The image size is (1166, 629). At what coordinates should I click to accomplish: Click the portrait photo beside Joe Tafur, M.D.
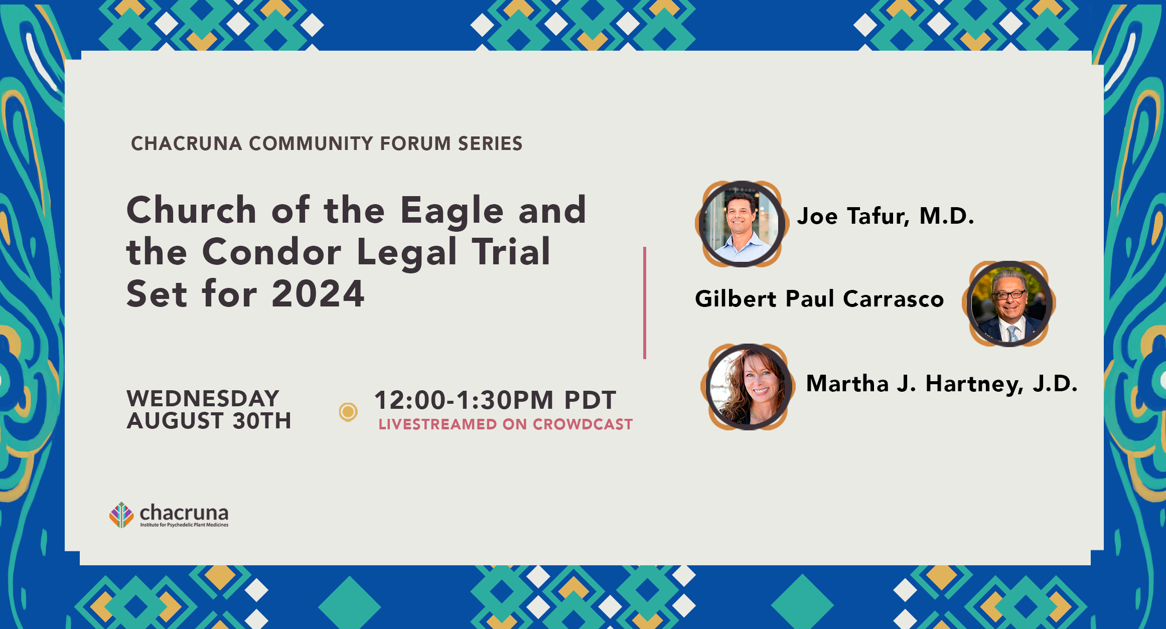[x=742, y=224]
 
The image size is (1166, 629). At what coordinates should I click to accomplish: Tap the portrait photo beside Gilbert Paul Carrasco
[x=1009, y=304]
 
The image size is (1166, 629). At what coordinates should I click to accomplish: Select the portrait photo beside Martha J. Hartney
[x=749, y=387]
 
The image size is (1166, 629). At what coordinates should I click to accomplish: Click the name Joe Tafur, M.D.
[x=886, y=216]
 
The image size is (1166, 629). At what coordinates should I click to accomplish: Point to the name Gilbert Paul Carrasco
[x=819, y=299]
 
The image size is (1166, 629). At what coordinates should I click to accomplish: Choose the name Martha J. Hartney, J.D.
[x=942, y=384]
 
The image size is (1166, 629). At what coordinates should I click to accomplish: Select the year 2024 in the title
[x=318, y=293]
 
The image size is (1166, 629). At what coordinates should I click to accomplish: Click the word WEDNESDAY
[x=203, y=398]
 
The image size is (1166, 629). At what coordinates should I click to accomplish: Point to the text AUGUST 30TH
[x=209, y=420]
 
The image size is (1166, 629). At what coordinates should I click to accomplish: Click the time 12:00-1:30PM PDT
[x=495, y=400]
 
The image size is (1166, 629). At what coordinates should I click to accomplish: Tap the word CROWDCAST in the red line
[x=582, y=424]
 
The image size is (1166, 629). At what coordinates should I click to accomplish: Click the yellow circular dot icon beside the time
[x=348, y=412]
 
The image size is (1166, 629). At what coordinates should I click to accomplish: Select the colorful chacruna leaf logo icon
[x=121, y=515]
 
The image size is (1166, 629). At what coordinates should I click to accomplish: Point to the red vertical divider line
[x=645, y=303]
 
